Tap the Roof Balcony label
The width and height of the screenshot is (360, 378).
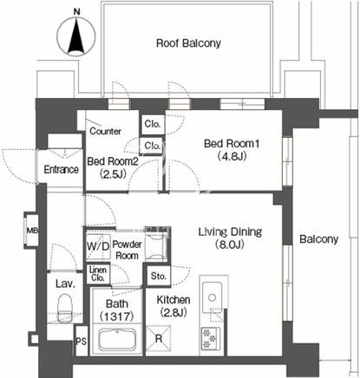tap(188, 43)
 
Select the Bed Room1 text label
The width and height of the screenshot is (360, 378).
tap(232, 144)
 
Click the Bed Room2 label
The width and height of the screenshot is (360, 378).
tap(113, 161)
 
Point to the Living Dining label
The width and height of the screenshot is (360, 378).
tap(230, 231)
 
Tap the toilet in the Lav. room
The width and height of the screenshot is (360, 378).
tap(65, 308)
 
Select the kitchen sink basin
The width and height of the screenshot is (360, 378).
tap(213, 297)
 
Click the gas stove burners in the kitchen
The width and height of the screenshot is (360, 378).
tap(210, 338)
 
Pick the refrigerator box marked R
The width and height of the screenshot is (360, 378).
tap(158, 338)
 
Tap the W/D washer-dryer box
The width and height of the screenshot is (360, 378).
tap(98, 246)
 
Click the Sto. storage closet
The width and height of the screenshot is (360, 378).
tap(158, 276)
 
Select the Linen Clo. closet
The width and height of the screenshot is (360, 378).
tap(98, 274)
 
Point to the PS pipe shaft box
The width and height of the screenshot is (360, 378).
tap(82, 341)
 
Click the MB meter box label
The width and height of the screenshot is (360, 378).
tap(32, 231)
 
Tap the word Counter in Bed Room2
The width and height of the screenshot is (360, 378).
tap(105, 131)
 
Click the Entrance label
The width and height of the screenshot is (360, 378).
tap(62, 169)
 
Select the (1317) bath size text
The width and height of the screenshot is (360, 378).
tap(117, 316)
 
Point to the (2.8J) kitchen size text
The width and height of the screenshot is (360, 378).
tap(173, 312)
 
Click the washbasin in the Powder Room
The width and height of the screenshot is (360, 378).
tap(156, 244)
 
